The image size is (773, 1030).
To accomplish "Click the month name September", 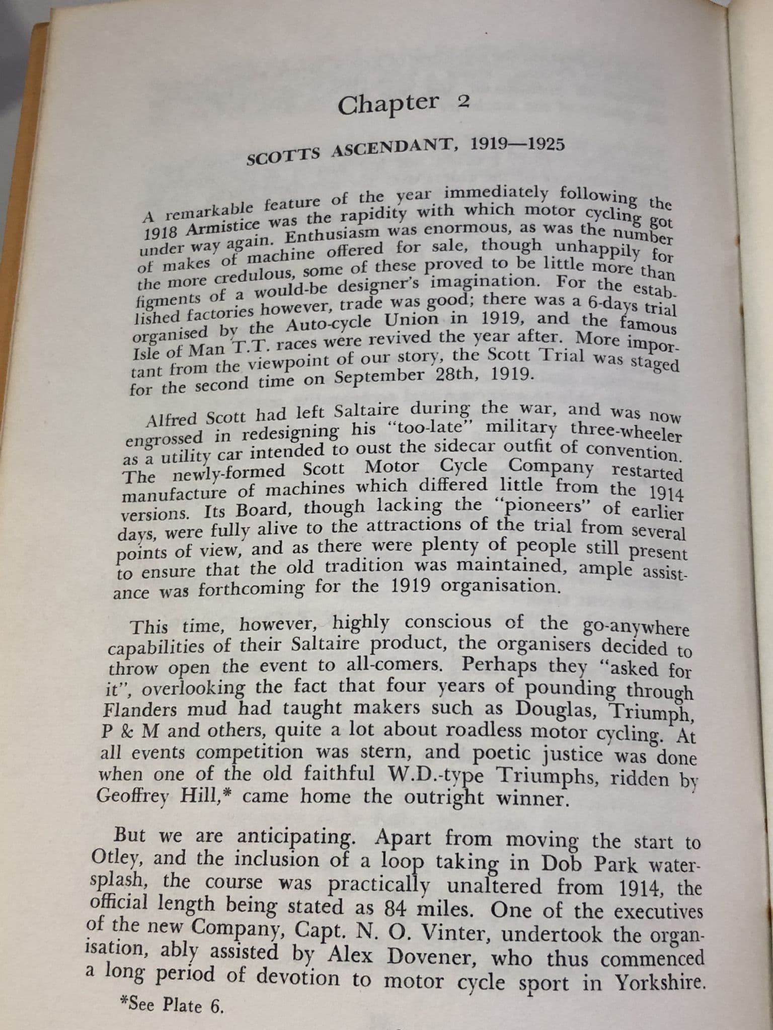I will tap(384, 377).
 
